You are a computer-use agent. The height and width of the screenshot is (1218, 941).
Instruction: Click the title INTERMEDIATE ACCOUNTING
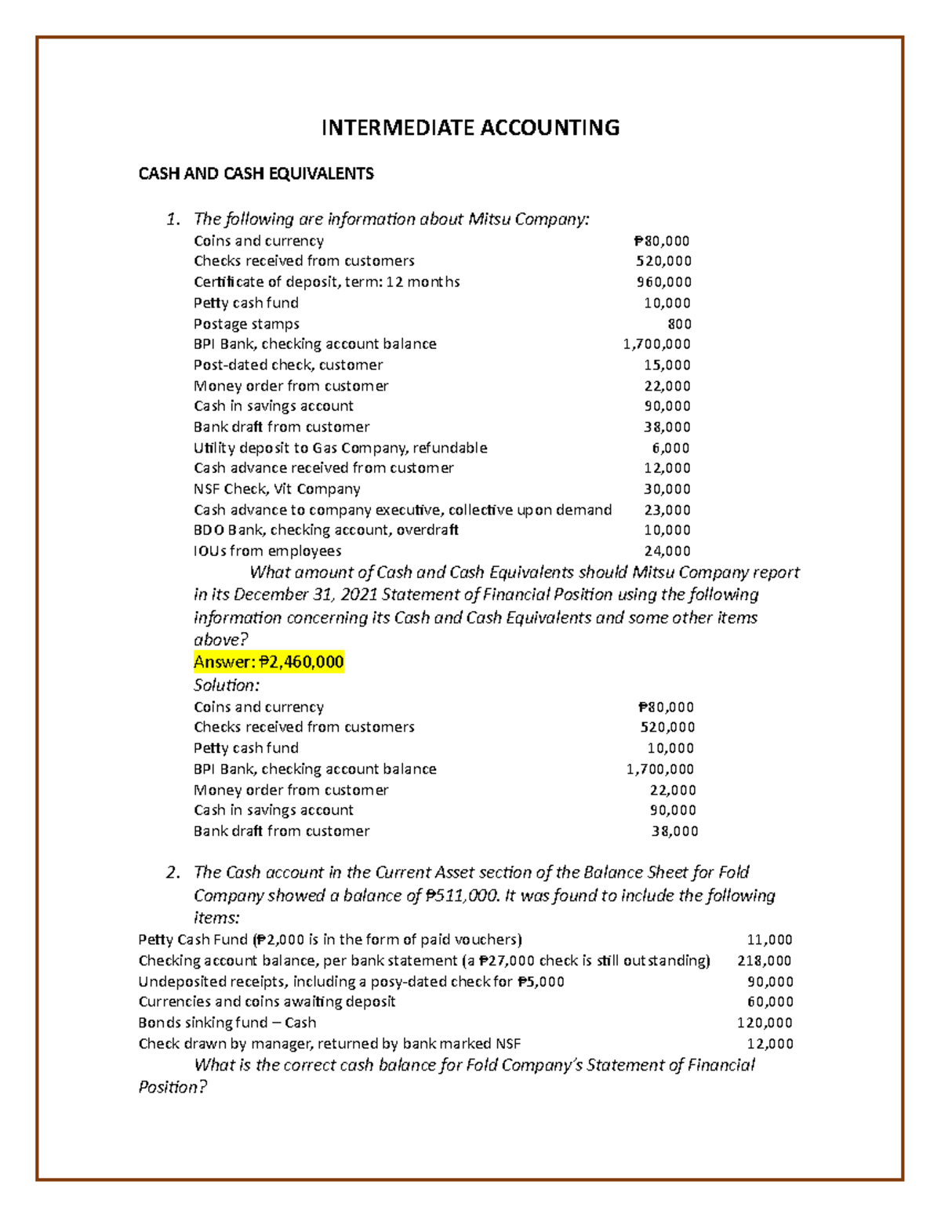pos(470,128)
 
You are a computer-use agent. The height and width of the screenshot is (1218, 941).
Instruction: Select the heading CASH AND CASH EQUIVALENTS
pos(256,174)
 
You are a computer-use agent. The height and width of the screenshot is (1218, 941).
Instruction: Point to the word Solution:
pos(227,685)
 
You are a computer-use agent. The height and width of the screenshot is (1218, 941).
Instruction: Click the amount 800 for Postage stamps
pos(679,324)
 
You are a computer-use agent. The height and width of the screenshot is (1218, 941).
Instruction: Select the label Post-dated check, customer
pos(288,365)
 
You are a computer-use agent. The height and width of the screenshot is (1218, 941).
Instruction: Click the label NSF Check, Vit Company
pos(277,489)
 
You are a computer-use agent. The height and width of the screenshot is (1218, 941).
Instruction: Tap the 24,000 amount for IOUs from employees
pos(667,551)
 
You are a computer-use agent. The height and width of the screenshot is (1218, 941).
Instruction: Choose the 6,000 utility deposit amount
pos(670,448)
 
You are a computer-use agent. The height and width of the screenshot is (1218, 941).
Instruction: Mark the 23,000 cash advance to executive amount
pos(667,510)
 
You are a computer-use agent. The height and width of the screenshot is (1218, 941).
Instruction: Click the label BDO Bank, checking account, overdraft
pos(325,531)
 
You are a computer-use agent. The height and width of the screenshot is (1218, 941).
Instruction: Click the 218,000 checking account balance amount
pos(765,961)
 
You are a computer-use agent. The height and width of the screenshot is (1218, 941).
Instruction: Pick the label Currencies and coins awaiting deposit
pos(267,1002)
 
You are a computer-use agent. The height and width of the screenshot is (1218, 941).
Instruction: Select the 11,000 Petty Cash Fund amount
pos(769,940)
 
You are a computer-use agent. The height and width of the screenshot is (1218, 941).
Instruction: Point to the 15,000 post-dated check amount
pos(667,365)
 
